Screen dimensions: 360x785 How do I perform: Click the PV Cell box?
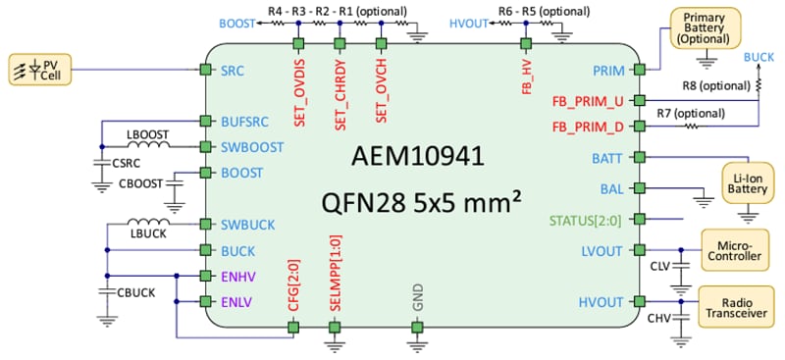[38, 69]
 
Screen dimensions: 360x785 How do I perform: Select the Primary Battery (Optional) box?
[704, 28]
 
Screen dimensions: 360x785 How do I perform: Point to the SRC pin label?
[234, 71]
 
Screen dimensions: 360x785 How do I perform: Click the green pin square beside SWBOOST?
[205, 147]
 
